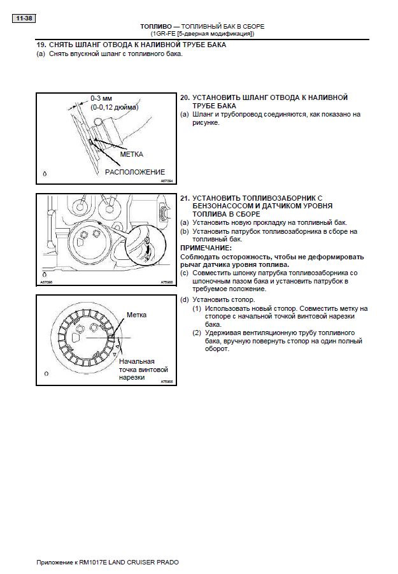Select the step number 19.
(41, 45)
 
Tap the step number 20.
(185, 97)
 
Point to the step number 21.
(185, 198)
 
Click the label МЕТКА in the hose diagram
(131, 154)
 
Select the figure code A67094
(166, 181)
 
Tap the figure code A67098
(46, 281)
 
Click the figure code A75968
(166, 281)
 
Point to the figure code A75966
(167, 381)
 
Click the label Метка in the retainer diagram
(136, 315)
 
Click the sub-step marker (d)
(184, 299)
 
